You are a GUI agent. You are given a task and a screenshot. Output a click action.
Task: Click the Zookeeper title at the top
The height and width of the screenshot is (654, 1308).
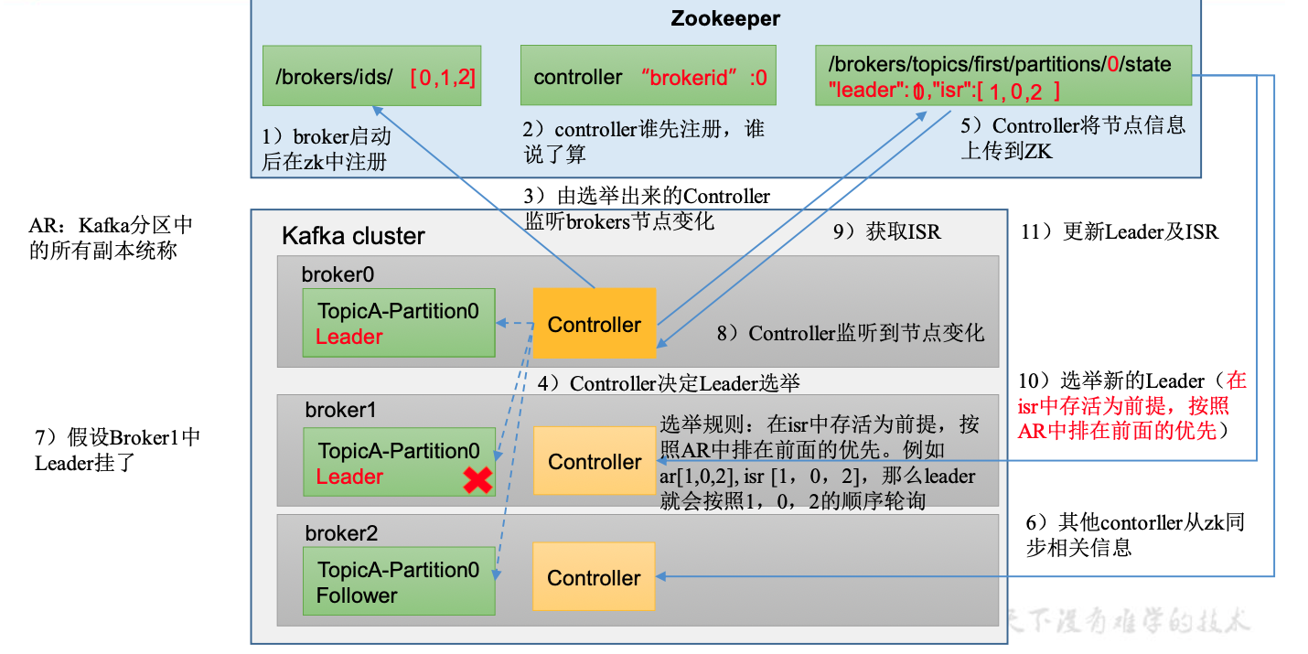[725, 18]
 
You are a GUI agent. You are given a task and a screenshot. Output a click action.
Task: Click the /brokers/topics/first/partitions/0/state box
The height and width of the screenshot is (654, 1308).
[1002, 77]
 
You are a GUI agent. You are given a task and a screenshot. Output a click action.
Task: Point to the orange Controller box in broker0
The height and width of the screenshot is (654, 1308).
[595, 324]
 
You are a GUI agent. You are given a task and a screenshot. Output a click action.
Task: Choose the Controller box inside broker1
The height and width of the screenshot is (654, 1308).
[595, 462]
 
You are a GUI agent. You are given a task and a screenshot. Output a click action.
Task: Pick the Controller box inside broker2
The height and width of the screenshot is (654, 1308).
[595, 577]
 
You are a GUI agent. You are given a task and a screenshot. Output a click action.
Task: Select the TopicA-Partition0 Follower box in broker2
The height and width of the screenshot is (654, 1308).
[399, 582]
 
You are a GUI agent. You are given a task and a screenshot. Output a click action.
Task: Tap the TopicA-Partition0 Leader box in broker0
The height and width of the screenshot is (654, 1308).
[398, 324]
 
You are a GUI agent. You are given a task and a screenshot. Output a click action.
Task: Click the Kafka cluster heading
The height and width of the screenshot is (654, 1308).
[353, 236]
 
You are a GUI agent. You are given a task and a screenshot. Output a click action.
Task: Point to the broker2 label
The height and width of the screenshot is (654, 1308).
[341, 532]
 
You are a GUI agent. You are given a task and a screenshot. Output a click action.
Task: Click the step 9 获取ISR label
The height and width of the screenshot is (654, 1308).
[885, 232]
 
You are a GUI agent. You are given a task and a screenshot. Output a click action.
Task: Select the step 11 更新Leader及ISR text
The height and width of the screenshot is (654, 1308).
[1119, 232]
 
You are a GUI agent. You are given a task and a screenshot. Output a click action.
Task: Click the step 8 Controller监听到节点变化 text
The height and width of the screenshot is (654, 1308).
[851, 334]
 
